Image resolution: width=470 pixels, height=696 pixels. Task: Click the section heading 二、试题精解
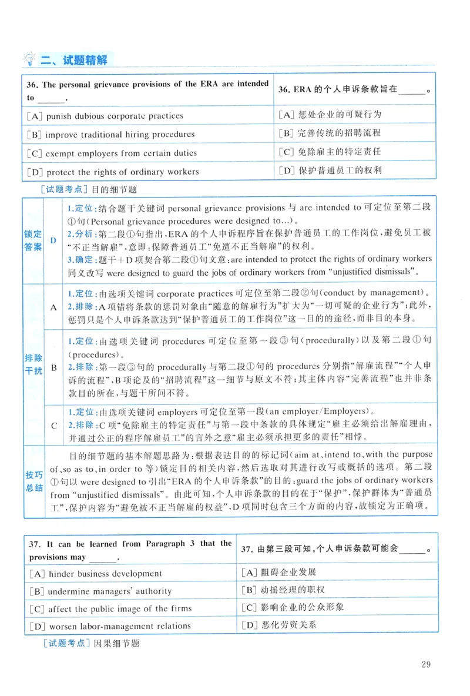[74, 59]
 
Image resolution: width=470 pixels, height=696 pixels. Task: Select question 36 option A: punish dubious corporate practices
[105, 116]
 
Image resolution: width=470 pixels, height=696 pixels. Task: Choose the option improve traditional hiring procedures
[111, 134]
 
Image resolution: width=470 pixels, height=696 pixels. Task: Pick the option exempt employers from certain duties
[112, 153]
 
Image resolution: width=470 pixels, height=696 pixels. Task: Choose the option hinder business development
[95, 573]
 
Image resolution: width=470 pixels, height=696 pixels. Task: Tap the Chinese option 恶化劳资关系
[279, 624]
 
